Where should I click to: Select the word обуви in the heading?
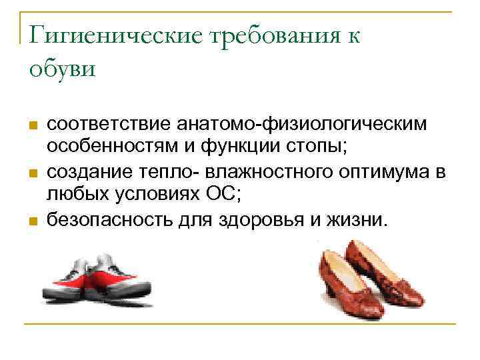click(x=63, y=68)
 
